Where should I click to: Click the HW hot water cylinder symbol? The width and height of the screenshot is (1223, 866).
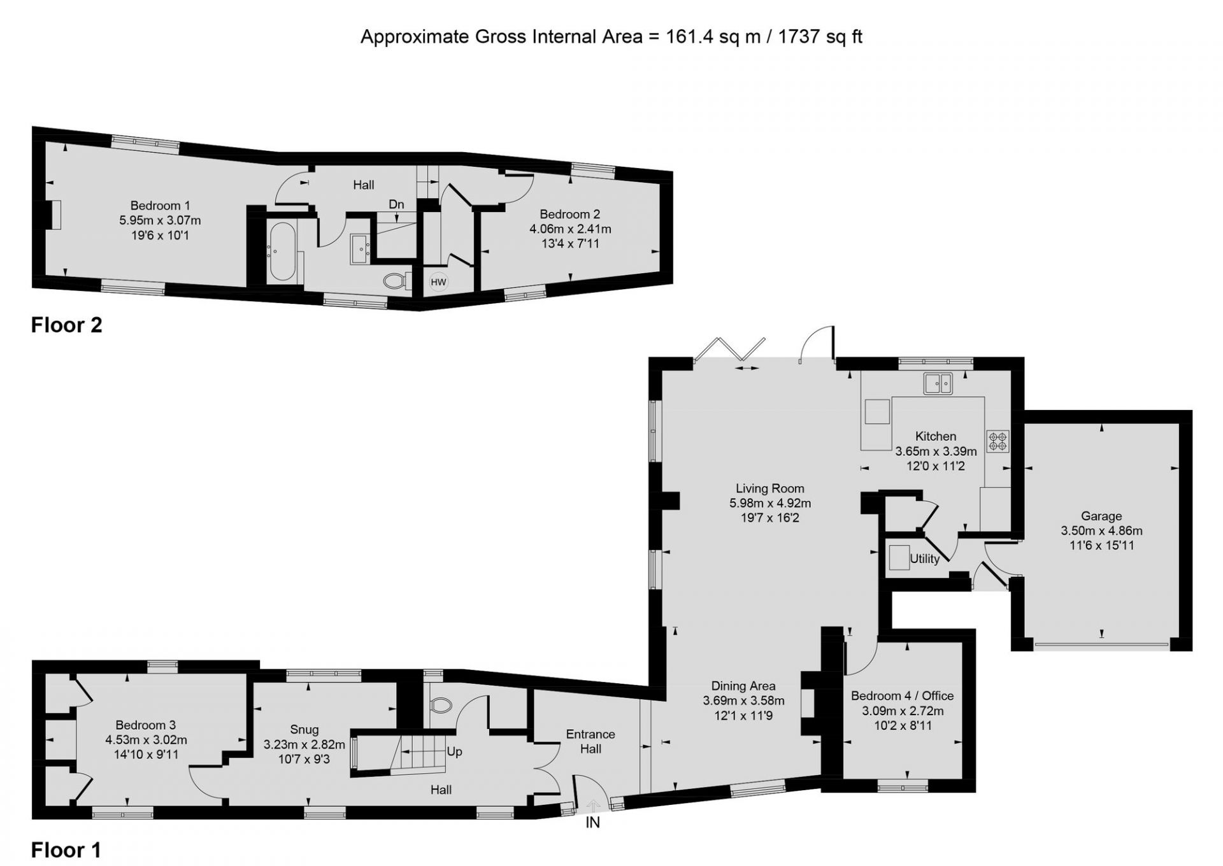click(x=438, y=282)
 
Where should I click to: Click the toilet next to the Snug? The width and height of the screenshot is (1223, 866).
click(x=441, y=704)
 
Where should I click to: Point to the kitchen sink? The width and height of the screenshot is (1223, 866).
click(x=938, y=383)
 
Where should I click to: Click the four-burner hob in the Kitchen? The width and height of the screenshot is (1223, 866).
click(x=998, y=441)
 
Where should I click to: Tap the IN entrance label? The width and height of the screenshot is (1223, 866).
click(x=592, y=823)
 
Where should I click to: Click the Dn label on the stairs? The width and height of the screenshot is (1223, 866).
click(x=396, y=204)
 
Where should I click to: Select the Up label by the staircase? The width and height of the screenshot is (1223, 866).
click(x=454, y=751)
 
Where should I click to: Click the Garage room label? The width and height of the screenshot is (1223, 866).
click(x=1101, y=516)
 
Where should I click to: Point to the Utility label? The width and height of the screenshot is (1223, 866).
click(x=924, y=559)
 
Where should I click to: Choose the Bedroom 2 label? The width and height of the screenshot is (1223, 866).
click(x=570, y=215)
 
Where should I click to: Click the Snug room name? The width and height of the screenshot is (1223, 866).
click(x=304, y=730)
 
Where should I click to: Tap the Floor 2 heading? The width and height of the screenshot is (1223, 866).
click(x=67, y=325)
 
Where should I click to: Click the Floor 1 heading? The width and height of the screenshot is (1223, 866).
click(x=66, y=850)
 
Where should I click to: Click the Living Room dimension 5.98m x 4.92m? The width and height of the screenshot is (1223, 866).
click(x=770, y=503)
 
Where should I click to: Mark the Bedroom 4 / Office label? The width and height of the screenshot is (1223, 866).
click(x=903, y=696)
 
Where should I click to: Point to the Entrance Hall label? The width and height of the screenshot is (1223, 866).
click(x=590, y=741)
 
